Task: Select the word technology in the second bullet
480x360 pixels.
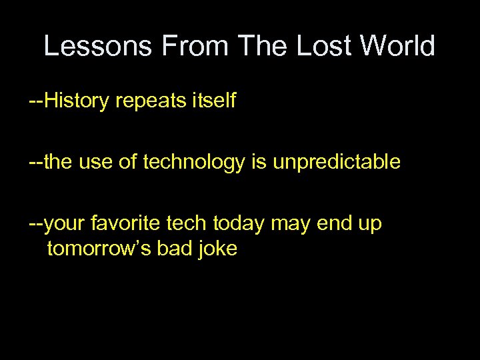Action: pos(193,163)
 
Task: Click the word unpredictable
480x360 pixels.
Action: pos(337,163)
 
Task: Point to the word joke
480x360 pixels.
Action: pos(218,249)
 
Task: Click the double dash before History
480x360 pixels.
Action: pos(36,102)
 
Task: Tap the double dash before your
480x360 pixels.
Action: pos(36,225)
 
